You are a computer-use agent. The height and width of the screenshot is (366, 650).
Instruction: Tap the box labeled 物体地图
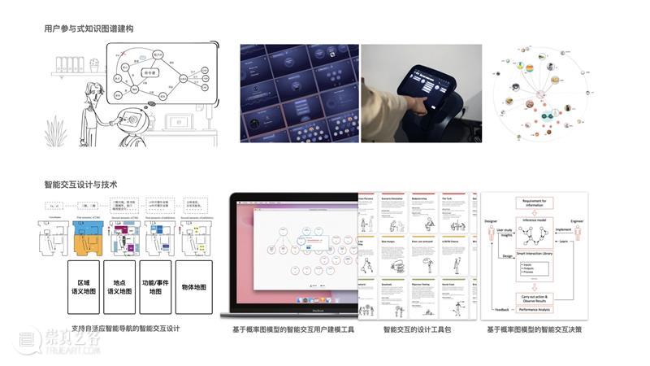coord(194,287)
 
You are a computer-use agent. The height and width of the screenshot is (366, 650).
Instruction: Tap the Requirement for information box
coord(535,204)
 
